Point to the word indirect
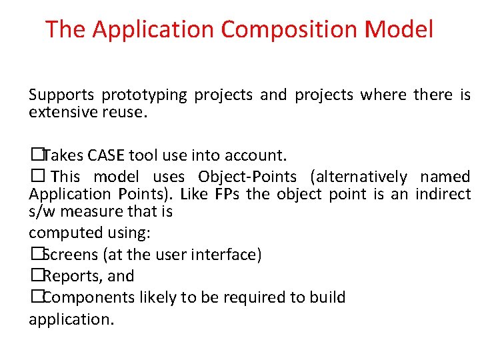[x=443, y=194]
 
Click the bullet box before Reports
[x=35, y=276]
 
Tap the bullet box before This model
[x=36, y=177]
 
